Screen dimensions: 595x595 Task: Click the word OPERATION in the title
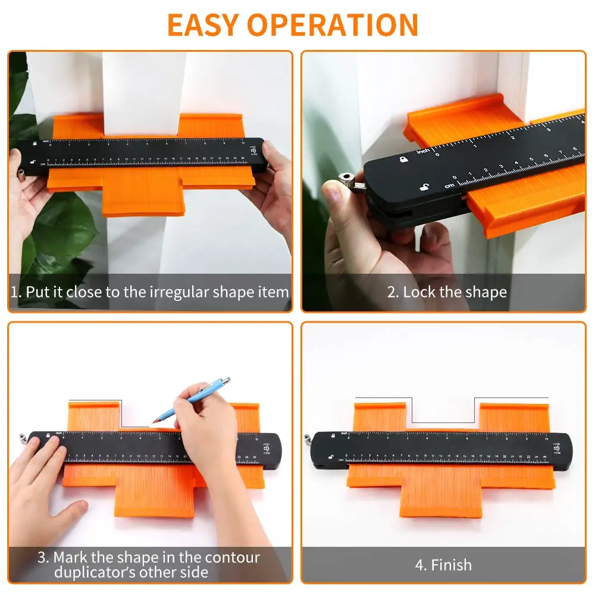tap(333, 24)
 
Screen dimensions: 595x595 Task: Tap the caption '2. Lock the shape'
tap(447, 292)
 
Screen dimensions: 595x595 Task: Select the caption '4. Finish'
tap(443, 564)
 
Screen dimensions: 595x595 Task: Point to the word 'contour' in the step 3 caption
tap(232, 558)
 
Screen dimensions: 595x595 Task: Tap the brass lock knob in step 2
tap(343, 180)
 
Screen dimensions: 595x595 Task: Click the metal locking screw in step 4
tap(306, 440)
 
